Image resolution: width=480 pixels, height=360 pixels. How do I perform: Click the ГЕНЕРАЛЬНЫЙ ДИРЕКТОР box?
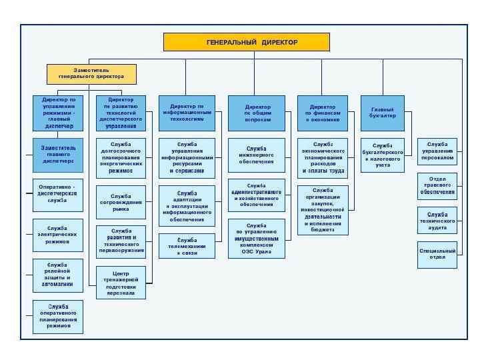252,42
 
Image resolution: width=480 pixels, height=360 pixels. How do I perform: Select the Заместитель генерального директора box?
91,73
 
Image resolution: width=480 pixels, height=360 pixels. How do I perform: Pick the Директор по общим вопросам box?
257,113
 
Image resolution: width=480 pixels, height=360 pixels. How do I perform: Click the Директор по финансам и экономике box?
323,113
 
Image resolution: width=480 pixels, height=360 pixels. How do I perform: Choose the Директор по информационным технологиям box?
187,113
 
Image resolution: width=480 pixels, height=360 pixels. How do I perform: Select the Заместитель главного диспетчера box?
58,154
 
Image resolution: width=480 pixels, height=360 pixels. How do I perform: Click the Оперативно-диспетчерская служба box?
58,194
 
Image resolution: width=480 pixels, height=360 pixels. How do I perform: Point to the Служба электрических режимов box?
58,235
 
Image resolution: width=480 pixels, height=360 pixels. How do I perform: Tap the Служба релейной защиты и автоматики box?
58,275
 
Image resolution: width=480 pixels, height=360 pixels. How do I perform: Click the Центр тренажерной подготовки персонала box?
121,283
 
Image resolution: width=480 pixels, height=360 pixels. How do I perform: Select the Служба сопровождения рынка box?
121,202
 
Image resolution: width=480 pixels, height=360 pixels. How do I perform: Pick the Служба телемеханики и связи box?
187,246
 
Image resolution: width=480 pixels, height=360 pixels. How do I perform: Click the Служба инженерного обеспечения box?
257,155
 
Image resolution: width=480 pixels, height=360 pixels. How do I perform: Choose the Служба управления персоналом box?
437,151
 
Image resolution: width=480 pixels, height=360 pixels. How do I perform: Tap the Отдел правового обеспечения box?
437,186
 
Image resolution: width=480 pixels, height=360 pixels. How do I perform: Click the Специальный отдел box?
437,254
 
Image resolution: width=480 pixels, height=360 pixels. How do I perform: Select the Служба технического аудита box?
437,221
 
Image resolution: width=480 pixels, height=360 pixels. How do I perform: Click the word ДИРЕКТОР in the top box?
279,42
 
